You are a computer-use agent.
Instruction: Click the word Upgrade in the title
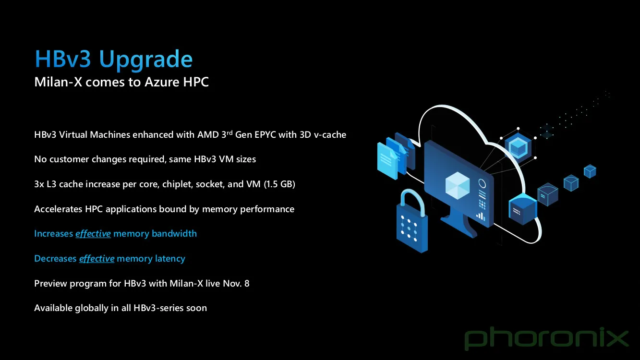coord(145,60)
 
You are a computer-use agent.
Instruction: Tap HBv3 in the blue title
coord(63,59)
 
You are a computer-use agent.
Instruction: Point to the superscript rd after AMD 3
coord(229,132)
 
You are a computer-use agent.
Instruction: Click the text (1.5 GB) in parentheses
coord(279,184)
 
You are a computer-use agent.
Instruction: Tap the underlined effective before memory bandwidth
coord(93,234)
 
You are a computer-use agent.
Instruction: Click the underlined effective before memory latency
coord(97,259)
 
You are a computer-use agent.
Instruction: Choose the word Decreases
coord(55,259)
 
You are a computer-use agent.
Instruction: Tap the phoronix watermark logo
coord(546,339)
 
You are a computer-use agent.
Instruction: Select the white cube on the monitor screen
coord(458,185)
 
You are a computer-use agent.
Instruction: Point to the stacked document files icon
coord(396,156)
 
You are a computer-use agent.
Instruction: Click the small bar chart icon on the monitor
coord(481,216)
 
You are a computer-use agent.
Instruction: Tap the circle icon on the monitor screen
coord(482,183)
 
